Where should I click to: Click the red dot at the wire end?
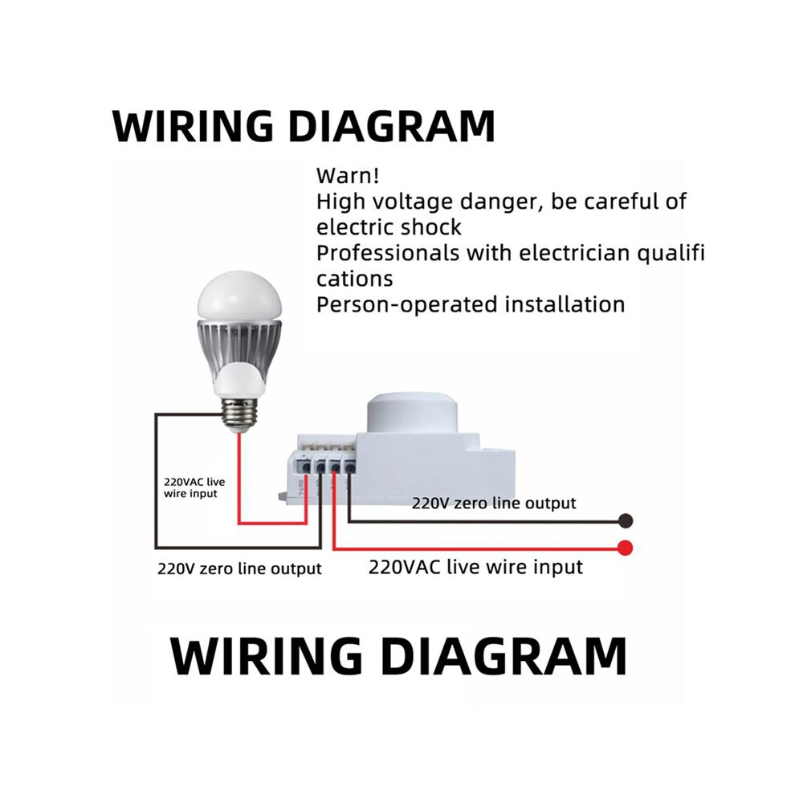625,548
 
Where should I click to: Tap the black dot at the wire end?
626,520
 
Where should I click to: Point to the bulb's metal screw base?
239,414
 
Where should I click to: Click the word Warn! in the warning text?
348,176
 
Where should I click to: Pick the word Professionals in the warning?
388,253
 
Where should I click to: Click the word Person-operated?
406,305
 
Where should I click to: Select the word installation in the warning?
565,304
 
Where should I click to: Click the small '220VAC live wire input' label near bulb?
194,487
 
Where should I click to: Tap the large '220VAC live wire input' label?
475,567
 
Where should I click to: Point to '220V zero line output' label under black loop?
239,569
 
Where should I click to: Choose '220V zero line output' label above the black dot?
494,503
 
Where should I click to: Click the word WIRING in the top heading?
194,126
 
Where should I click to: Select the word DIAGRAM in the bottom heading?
503,657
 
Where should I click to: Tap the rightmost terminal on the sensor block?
350,466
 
